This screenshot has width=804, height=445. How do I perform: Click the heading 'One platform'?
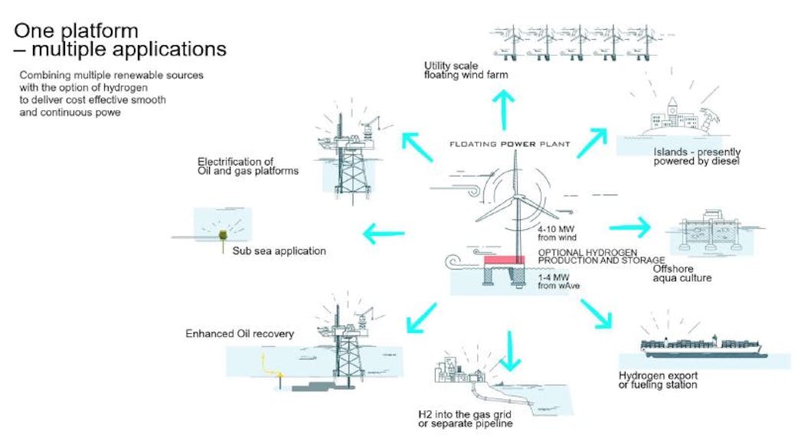[77, 31]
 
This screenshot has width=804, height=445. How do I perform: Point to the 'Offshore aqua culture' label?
[682, 273]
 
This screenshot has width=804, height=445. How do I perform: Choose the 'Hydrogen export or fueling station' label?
[658, 379]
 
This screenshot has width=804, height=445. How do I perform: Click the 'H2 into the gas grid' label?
[465, 418]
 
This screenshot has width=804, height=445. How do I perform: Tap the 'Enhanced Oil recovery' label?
[240, 334]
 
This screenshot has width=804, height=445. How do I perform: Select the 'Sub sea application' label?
[279, 250]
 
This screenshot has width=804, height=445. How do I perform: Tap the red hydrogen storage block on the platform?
[503, 260]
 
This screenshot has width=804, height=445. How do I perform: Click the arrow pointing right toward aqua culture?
[629, 227]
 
